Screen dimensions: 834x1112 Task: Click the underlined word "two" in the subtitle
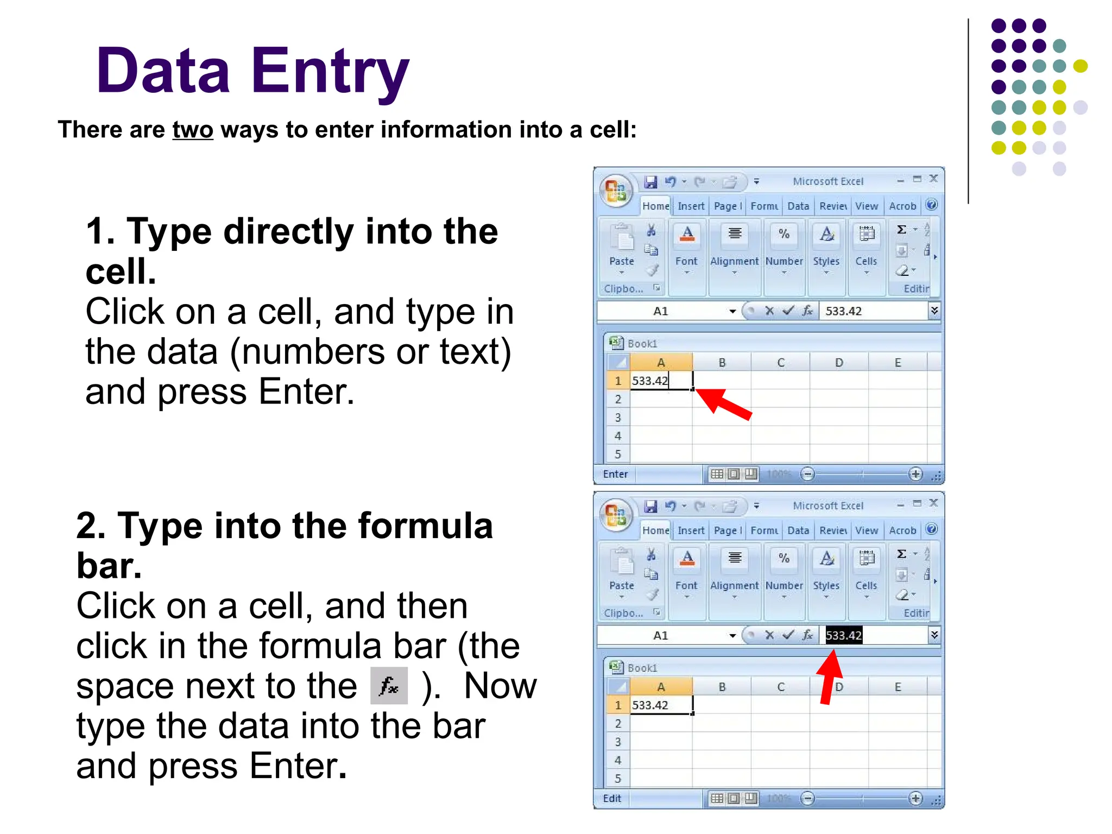click(x=193, y=130)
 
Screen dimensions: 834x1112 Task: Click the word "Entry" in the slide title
click(x=330, y=72)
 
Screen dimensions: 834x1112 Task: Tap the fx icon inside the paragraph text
click(x=389, y=686)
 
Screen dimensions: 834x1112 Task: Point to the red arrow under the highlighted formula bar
click(x=829, y=676)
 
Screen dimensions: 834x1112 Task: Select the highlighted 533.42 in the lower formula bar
click(x=843, y=635)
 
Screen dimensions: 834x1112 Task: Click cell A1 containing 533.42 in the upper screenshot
click(x=661, y=381)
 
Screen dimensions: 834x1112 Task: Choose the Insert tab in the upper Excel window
click(x=691, y=206)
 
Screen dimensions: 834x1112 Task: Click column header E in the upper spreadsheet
click(x=898, y=363)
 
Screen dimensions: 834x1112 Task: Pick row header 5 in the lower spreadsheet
click(x=618, y=778)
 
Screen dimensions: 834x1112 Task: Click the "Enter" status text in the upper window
click(x=615, y=474)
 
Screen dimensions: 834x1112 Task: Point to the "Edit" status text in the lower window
click(x=612, y=798)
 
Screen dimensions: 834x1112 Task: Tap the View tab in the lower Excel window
click(x=866, y=530)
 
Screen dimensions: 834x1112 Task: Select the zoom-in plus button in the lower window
click(x=915, y=798)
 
